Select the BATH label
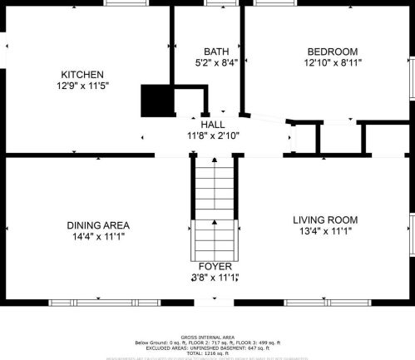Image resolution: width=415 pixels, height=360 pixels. [207, 51]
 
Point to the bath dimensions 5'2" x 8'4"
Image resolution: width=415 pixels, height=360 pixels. [207, 62]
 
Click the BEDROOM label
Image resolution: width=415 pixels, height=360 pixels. [332, 51]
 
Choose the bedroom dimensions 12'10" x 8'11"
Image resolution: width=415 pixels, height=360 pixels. [332, 62]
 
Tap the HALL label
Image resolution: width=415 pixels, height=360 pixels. [211, 124]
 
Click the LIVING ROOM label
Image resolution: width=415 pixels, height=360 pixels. [325, 219]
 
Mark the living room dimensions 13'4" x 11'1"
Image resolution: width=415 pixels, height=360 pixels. [325, 231]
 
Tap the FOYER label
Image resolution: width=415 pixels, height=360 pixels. [215, 266]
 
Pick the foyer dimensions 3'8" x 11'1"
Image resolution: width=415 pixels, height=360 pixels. [215, 278]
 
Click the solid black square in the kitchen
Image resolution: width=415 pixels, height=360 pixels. [155, 101]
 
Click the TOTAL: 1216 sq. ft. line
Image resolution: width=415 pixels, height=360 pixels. [207, 353]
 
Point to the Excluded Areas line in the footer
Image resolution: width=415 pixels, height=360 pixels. [207, 348]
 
